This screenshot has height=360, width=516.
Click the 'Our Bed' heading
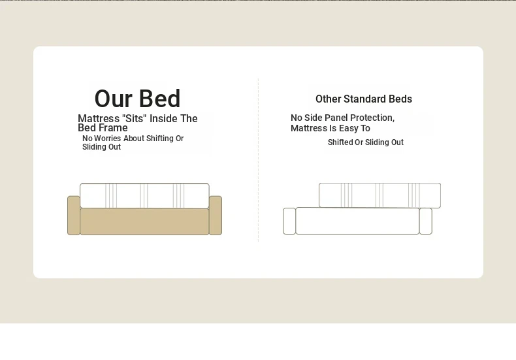137,99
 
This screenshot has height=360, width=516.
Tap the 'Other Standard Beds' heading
364,99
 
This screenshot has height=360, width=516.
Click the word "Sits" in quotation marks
134,118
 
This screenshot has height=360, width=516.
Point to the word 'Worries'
108,139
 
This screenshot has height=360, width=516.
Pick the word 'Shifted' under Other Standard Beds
340,142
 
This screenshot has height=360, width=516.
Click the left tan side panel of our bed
74,216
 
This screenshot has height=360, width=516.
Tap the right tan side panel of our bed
216,216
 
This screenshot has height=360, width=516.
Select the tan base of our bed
144,221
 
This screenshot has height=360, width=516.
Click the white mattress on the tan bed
144,196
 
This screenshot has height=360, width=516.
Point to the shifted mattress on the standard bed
379,195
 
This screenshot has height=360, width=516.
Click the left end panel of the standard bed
289,221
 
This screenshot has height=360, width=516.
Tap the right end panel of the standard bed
426,221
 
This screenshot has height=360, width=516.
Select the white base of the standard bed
358,221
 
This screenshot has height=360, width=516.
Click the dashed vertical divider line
259,160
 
